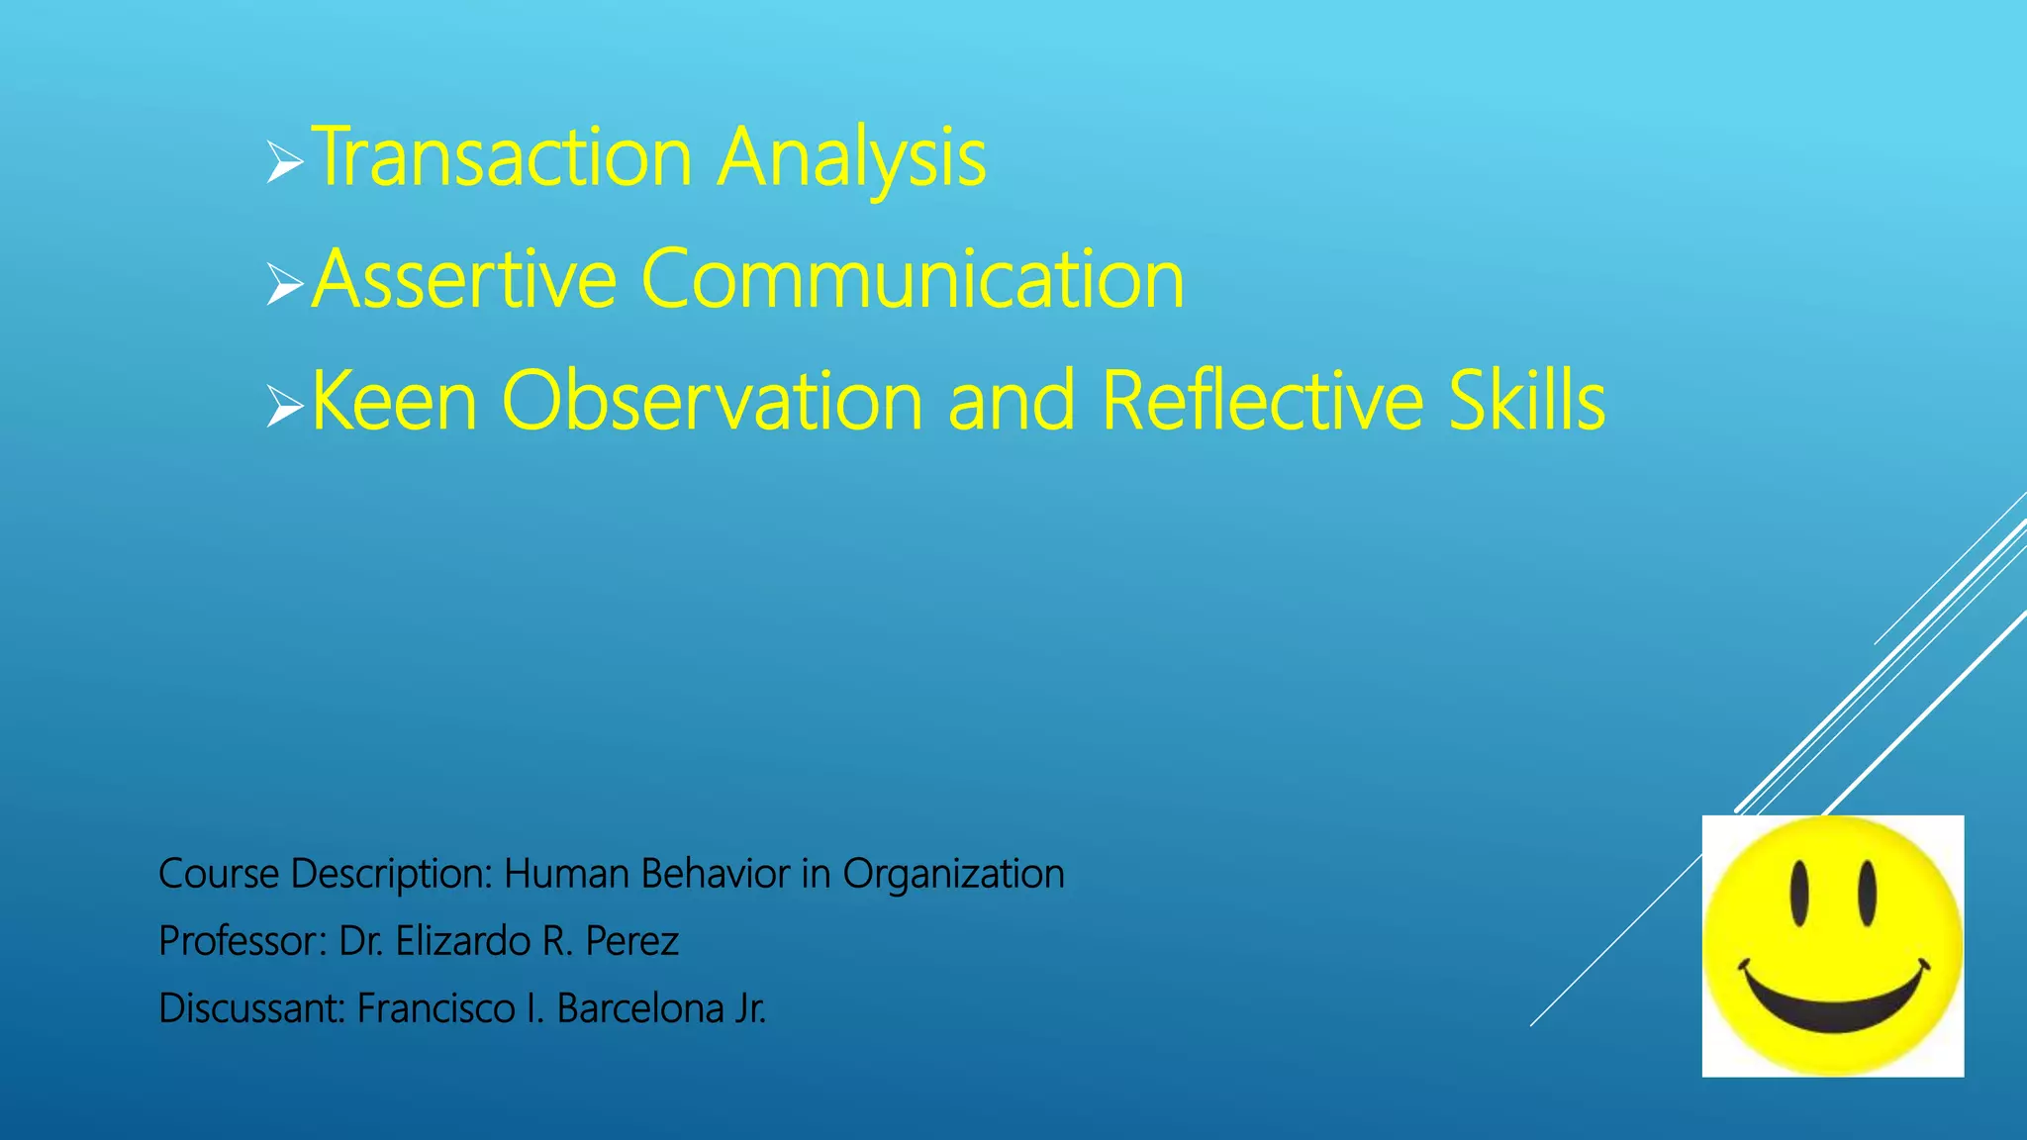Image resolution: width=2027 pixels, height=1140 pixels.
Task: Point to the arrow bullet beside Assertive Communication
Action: click(x=284, y=284)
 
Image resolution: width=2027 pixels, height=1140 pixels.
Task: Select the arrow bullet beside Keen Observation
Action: click(x=284, y=405)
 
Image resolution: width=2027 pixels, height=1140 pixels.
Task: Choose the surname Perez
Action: click(x=631, y=941)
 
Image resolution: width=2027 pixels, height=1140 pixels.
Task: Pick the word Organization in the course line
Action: click(x=953, y=874)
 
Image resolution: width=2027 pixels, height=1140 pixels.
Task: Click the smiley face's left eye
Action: click(x=1799, y=893)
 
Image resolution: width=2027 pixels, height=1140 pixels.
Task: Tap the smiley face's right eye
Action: click(x=1867, y=893)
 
